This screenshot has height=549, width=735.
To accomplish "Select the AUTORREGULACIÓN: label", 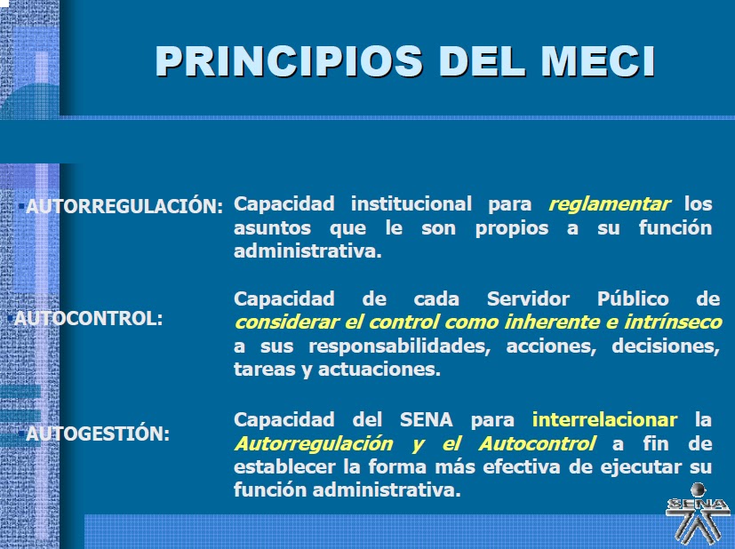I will pyautogui.click(x=124, y=207).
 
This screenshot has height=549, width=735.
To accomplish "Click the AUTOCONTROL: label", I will pyautogui.click(x=89, y=318).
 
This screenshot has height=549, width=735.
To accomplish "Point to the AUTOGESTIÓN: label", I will pyautogui.click(x=98, y=434).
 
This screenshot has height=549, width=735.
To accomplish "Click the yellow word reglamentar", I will pyautogui.click(x=610, y=204).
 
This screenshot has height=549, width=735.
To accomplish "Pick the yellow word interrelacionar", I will pyautogui.click(x=604, y=419).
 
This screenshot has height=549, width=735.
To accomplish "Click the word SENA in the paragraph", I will pyautogui.click(x=420, y=419).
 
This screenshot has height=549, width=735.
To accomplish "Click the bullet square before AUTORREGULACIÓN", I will pyautogui.click(x=21, y=206).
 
